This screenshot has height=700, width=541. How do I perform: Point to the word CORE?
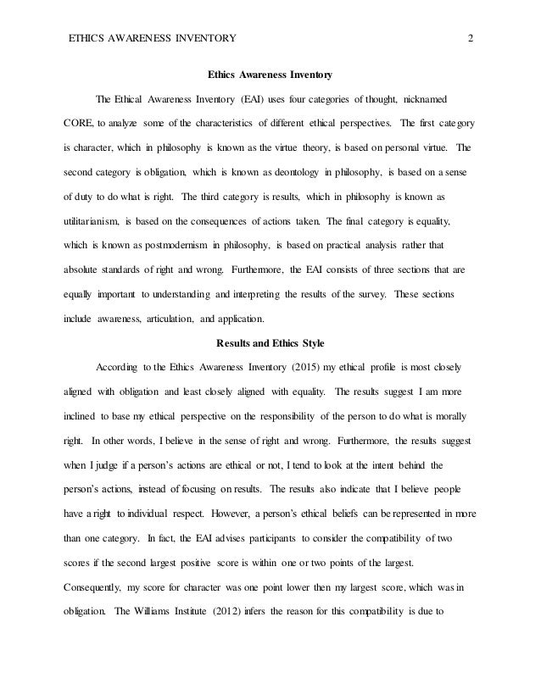coord(80,122)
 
